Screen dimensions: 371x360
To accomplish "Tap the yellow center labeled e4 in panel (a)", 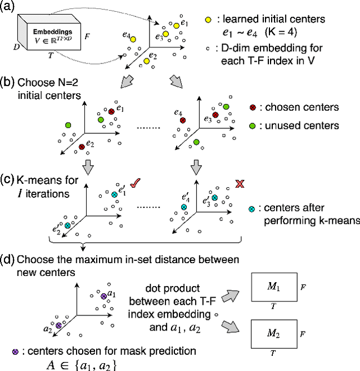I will click(x=133, y=39).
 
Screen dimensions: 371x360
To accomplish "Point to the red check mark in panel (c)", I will click(x=135, y=183).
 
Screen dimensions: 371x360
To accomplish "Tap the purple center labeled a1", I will click(x=103, y=295).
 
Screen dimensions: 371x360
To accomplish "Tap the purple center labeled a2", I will click(x=58, y=325).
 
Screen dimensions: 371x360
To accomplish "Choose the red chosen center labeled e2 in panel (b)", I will click(x=82, y=147).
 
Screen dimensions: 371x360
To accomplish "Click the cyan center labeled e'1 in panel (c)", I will click(x=114, y=194).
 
